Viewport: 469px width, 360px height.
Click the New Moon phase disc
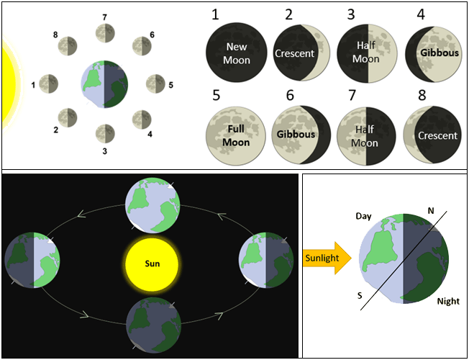236,54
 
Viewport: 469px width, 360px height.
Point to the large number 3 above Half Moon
350,15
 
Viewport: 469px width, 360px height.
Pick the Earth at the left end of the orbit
32,261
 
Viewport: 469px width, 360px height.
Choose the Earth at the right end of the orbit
266,261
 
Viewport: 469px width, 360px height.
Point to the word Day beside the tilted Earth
364,216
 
